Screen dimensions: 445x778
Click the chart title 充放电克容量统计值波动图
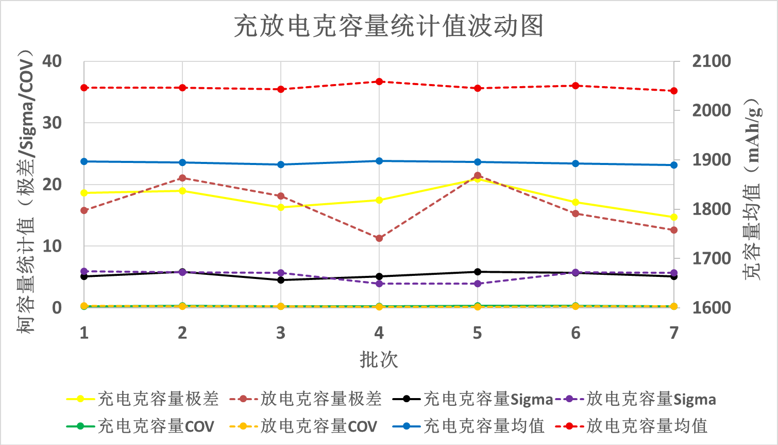388,26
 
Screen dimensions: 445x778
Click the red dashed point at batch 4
379,81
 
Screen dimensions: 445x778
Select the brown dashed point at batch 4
379,238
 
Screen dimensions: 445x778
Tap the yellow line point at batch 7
674,217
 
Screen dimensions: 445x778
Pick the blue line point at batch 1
84,161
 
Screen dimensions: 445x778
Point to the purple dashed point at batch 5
478,284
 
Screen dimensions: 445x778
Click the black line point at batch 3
281,280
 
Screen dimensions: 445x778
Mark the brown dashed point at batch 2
182,178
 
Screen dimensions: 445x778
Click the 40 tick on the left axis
52,61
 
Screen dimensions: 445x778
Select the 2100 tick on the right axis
711,61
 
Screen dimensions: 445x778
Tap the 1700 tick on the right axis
711,258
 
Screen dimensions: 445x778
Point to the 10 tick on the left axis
52,246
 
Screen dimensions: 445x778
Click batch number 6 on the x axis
576,333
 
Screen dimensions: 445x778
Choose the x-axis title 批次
379,359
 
